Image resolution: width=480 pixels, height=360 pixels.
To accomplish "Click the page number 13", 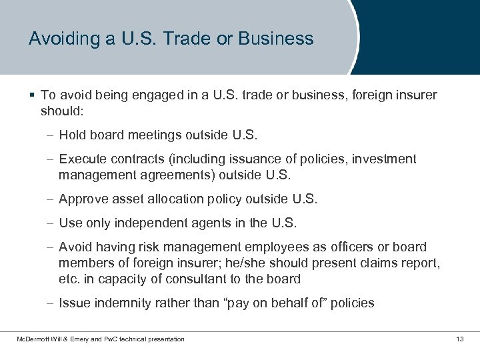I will (459, 339).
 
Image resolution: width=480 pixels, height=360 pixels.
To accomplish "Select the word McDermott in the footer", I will (32, 339).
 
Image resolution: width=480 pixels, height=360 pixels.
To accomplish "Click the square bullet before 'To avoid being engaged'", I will (33, 95).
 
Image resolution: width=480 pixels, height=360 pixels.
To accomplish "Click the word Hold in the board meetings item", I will (71, 135).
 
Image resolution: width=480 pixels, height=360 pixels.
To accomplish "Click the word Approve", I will (83, 199).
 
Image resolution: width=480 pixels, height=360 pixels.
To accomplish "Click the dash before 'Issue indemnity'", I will (51, 303).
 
